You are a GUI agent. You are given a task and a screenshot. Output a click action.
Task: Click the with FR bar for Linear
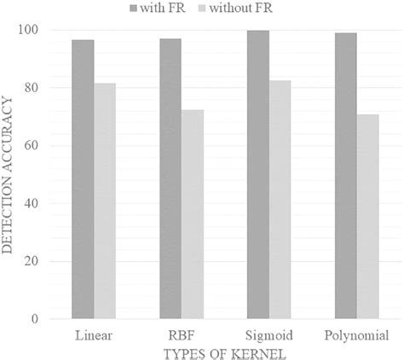[83, 179]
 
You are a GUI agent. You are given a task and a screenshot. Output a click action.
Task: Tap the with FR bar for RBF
[170, 178]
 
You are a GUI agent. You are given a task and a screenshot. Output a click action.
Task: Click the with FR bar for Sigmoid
[257, 175]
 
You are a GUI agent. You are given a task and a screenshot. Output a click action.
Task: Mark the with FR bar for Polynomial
[345, 176]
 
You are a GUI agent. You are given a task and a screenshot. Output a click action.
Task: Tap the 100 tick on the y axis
[32, 30]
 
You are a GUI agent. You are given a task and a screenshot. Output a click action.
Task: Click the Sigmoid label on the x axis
[268, 334]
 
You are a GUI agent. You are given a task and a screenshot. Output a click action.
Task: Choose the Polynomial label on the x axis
[356, 334]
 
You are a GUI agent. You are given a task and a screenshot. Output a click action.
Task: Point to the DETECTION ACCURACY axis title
[10, 175]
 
